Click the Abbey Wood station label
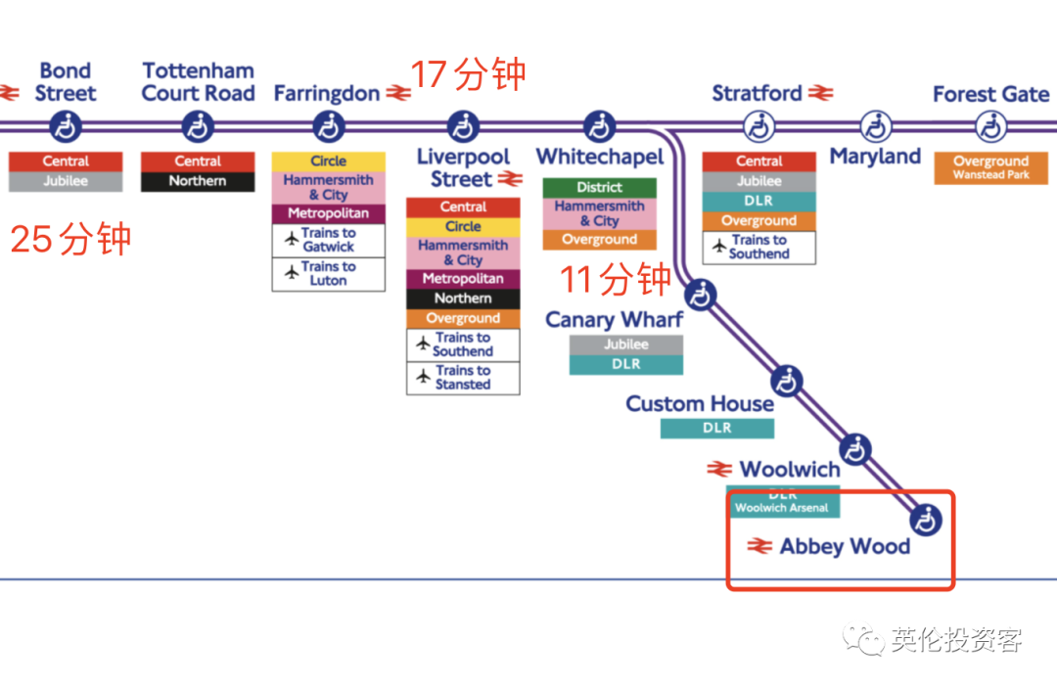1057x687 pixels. [x=845, y=546]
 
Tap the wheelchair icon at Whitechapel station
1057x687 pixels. [x=599, y=126]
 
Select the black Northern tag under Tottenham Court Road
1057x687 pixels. [x=198, y=181]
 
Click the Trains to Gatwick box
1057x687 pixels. [x=328, y=241]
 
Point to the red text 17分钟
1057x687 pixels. [x=468, y=74]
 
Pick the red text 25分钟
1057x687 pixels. [x=70, y=239]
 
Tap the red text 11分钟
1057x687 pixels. [x=616, y=280]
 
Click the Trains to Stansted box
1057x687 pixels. [x=463, y=378]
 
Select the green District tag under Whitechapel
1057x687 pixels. [x=599, y=187]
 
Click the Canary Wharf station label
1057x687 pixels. [x=614, y=320]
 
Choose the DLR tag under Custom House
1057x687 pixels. [x=716, y=429]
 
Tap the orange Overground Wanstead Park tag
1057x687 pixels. [x=990, y=167]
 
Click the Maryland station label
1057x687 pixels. [x=875, y=157]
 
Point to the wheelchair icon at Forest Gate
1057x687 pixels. [x=990, y=126]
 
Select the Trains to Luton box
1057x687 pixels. [x=328, y=274]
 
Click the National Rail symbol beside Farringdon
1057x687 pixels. [x=398, y=94]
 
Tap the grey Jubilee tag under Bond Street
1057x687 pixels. [x=66, y=181]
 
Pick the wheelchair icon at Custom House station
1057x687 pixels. [x=786, y=380]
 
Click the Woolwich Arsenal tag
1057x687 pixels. [x=782, y=507]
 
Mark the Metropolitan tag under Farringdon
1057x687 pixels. [x=328, y=213]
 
